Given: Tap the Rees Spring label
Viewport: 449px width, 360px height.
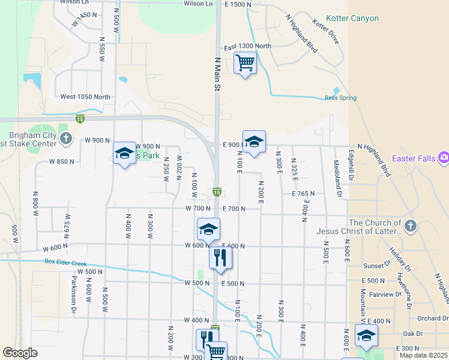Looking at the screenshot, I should coord(340,98).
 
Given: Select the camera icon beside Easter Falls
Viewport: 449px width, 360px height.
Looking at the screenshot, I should coord(444,158).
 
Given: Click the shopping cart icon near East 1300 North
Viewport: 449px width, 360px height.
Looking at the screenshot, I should coord(245,62).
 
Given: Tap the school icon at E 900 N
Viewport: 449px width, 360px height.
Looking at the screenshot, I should coord(254,142).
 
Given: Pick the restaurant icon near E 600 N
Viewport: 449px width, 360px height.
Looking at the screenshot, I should coord(220,257).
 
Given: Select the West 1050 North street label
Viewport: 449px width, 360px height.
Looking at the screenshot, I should coord(85,97).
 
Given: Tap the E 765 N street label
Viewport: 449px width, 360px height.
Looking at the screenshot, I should coord(303,194).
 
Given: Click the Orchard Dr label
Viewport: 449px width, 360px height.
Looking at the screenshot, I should coord(433,318).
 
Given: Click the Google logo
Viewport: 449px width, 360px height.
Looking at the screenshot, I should coord(20,353).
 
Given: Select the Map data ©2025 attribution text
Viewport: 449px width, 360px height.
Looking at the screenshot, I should coord(424,355).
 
